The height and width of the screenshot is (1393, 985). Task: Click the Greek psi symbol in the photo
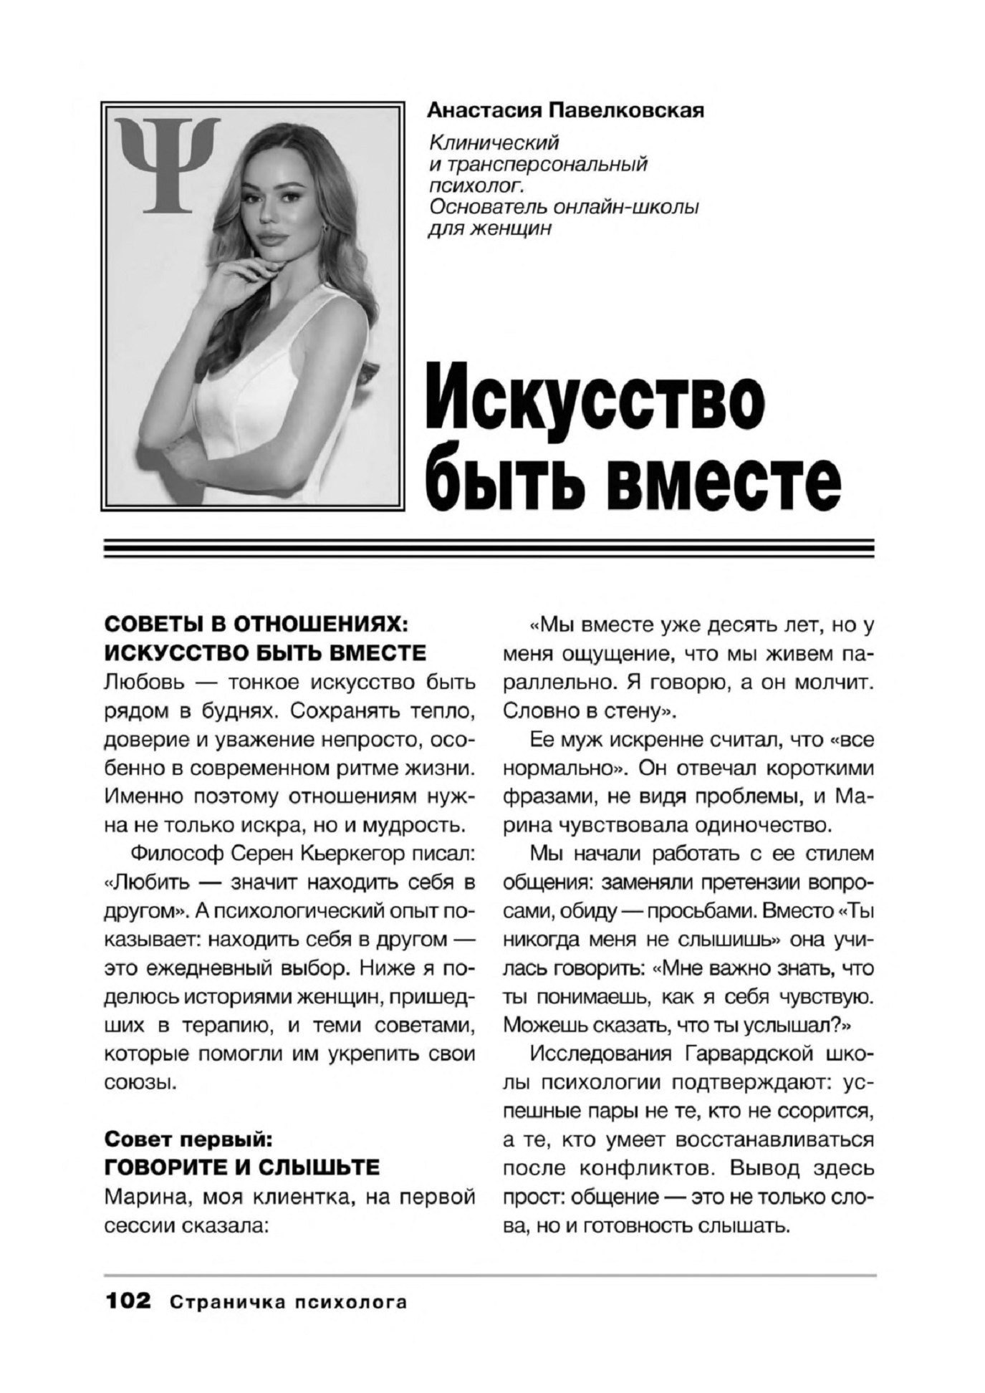click(x=168, y=164)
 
